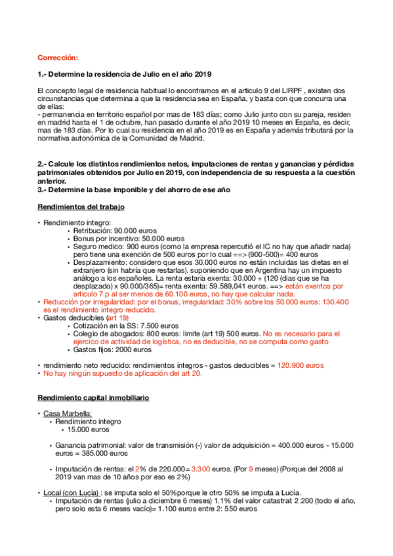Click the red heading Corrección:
coord(58,58)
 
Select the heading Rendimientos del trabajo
coord(81,208)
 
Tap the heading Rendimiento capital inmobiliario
coord(93,398)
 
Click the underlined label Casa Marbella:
coord(68,414)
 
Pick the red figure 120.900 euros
coord(300,365)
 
